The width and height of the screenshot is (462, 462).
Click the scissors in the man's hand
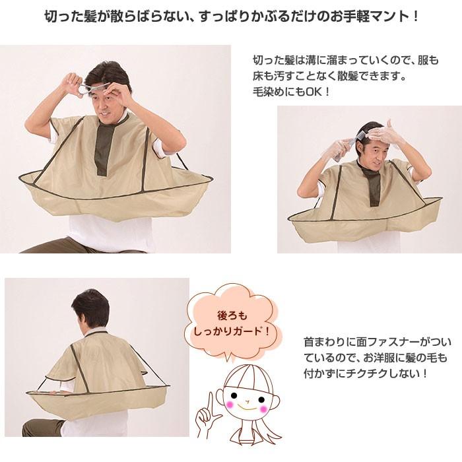88,89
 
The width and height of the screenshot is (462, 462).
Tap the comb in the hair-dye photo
344,148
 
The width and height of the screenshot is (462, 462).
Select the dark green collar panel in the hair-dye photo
372,183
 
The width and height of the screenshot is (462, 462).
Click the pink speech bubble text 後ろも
232,316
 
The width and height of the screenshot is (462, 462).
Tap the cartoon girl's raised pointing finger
210,404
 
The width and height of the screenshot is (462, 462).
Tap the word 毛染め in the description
267,92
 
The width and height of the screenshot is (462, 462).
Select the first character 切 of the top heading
51,16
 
